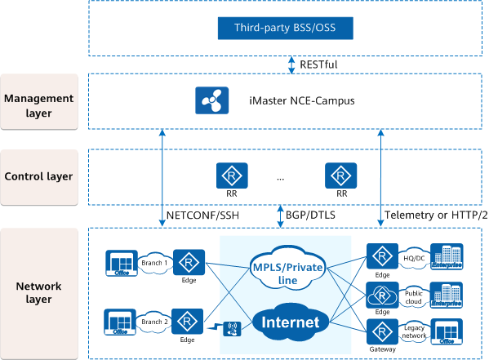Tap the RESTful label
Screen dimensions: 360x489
318,64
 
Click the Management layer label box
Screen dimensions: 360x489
40,104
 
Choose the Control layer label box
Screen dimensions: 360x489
40,176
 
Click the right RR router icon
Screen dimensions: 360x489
341,175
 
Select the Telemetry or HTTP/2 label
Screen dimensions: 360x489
434,215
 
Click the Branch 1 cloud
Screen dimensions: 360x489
154,263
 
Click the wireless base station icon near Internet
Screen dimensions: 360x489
231,330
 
